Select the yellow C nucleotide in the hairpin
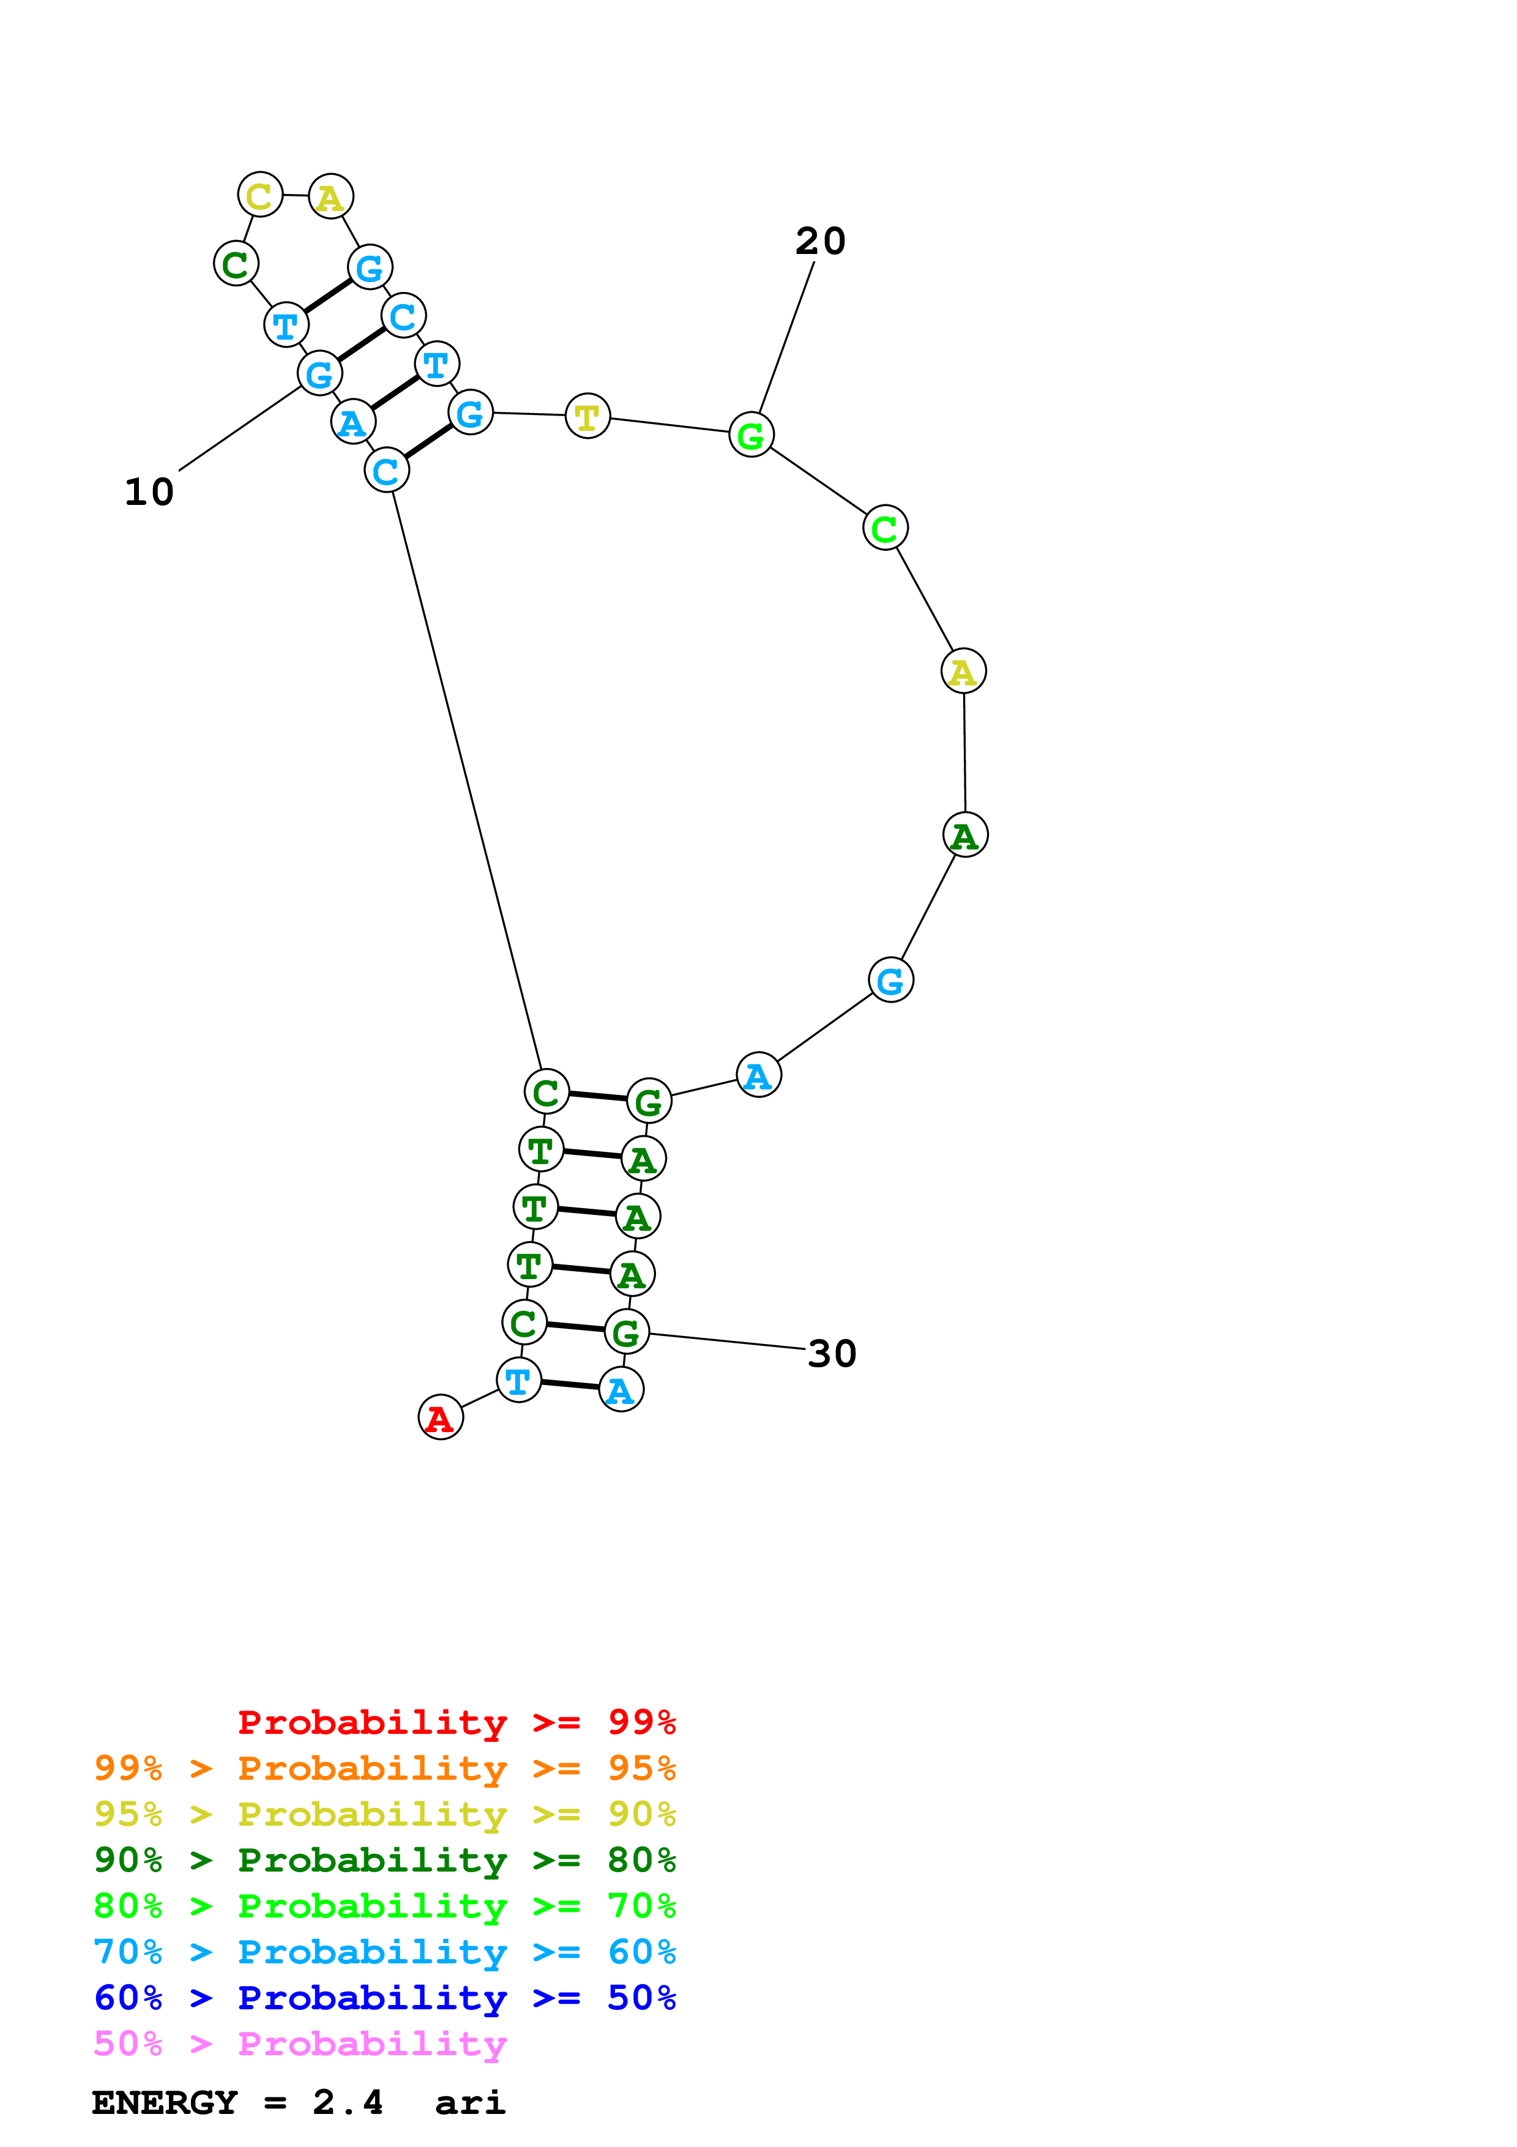(260, 195)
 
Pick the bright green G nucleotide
(751, 434)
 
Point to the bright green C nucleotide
(884, 528)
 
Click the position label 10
(149, 492)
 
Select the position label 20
(820, 241)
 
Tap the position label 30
(831, 1353)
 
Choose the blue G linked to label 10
(319, 373)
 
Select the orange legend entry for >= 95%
(384, 1768)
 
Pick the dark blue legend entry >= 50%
(384, 1998)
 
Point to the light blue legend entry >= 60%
(384, 1952)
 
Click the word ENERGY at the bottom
(165, 2102)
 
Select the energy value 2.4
(348, 2102)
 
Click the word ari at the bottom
(469, 2102)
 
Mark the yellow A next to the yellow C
(330, 196)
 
